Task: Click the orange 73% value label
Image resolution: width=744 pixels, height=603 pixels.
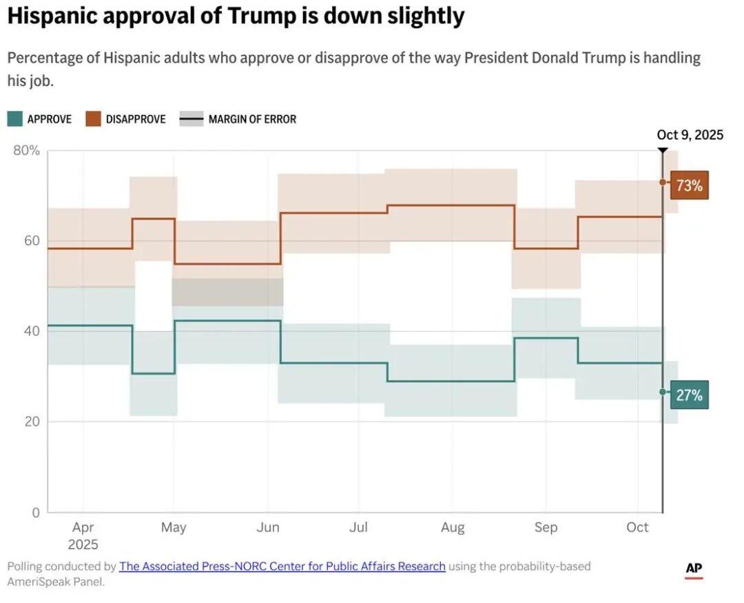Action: [689, 185]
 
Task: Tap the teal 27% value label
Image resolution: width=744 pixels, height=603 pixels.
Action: [689, 395]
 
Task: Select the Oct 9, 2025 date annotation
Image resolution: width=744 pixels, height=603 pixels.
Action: [690, 135]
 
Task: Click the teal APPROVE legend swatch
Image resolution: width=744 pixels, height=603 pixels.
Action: [14, 119]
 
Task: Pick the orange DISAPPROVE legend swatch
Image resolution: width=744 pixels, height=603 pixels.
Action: [93, 119]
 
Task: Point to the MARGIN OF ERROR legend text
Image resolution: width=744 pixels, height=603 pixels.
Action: [252, 119]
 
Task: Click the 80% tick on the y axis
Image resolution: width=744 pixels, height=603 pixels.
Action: [27, 151]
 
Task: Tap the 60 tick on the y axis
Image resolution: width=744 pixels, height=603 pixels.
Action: [33, 241]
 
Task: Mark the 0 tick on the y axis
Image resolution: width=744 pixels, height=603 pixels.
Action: [36, 512]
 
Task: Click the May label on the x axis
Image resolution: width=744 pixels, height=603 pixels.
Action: [174, 527]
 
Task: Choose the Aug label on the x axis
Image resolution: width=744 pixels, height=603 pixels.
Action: [453, 527]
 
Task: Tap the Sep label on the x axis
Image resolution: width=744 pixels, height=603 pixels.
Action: [546, 527]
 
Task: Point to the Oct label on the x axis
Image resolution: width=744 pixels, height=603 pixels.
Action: [637, 527]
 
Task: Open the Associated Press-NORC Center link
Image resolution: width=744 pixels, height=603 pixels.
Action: [282, 567]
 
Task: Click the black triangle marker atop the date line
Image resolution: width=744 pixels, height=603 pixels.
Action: [663, 150]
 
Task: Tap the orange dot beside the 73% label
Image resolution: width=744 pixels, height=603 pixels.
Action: [663, 182]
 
